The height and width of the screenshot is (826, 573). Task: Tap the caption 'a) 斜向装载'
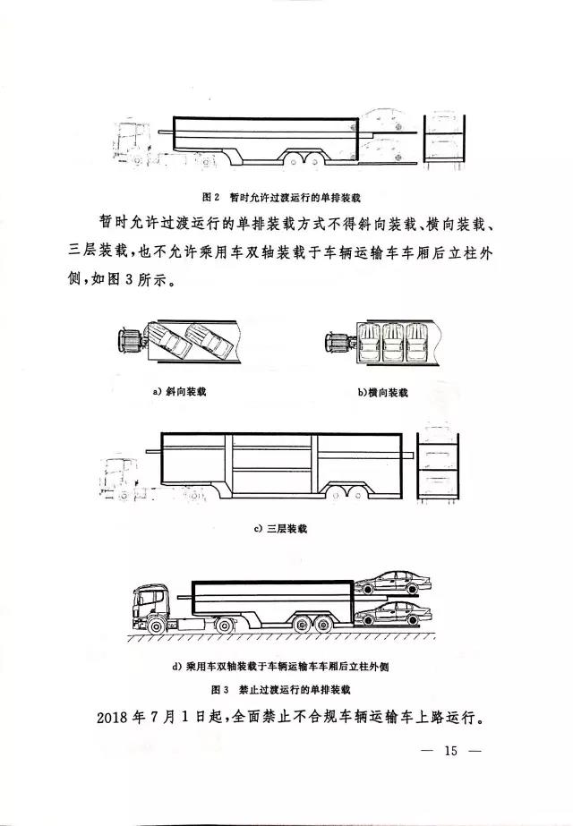coord(179,393)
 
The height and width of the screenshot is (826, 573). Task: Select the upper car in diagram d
coord(396,583)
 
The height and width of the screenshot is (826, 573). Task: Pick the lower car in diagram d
coord(396,616)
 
